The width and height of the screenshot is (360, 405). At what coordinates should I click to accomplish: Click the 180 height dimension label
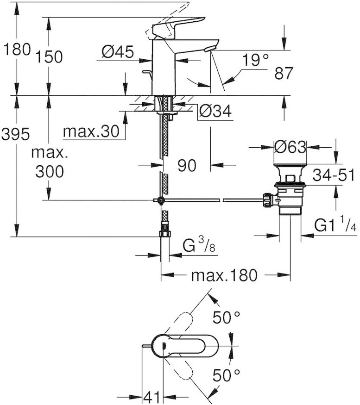[16, 50]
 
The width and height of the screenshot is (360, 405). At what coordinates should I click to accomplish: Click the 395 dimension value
[16, 134]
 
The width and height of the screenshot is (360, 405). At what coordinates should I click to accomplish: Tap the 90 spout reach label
[187, 165]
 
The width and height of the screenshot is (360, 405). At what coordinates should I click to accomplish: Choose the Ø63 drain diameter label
[290, 147]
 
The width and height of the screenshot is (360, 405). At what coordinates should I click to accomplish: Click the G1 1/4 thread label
[334, 225]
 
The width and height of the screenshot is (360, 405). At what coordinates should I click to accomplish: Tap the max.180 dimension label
[224, 276]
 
